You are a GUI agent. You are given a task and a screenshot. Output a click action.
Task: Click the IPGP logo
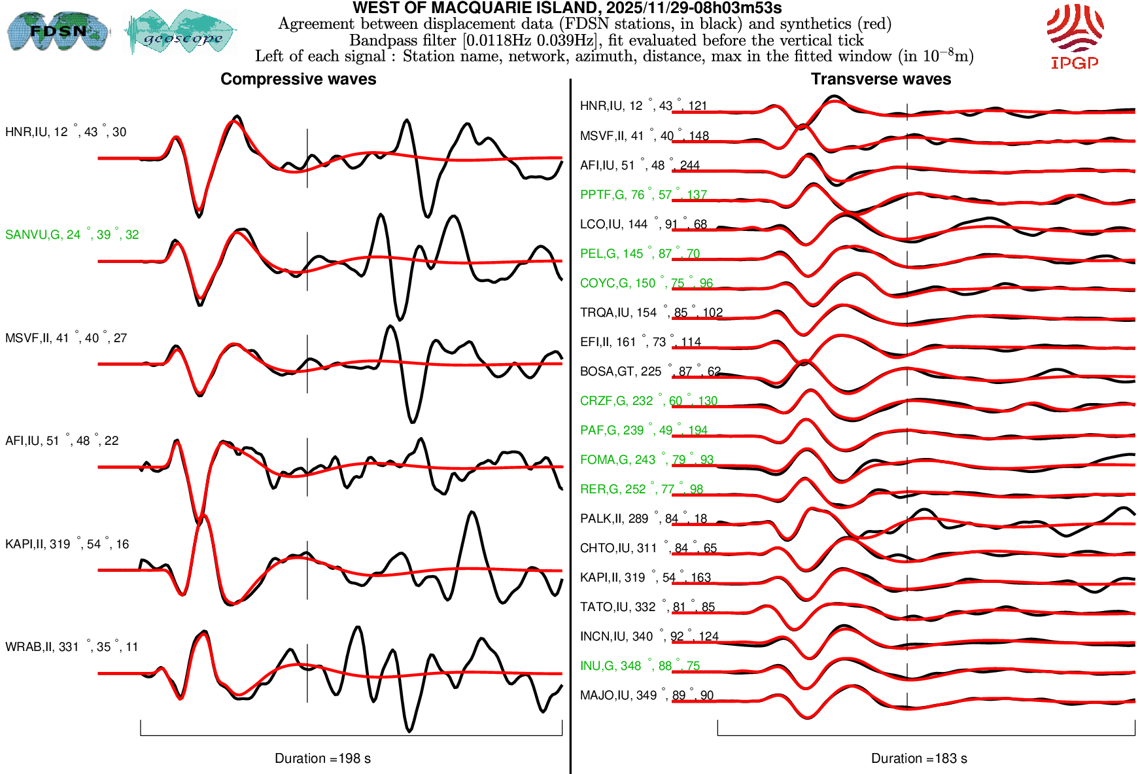(x=1075, y=36)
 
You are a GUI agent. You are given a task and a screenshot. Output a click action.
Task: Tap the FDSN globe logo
(x=58, y=31)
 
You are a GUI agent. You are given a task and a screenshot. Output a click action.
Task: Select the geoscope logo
(x=181, y=32)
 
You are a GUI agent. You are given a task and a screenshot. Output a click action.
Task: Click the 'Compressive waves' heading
(x=298, y=79)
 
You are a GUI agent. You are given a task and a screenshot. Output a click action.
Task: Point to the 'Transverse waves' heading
(x=880, y=79)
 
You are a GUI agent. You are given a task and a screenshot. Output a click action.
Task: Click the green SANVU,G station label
(x=72, y=235)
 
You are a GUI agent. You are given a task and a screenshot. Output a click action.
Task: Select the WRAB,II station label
(x=71, y=647)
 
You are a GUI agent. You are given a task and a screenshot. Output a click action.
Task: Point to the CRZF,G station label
(x=648, y=401)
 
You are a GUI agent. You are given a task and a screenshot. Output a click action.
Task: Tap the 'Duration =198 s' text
(x=322, y=758)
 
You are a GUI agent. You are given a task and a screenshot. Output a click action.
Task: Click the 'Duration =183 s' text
(x=919, y=758)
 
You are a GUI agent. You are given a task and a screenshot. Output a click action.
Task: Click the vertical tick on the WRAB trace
(x=307, y=673)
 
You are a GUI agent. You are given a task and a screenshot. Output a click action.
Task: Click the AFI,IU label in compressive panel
(x=61, y=441)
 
